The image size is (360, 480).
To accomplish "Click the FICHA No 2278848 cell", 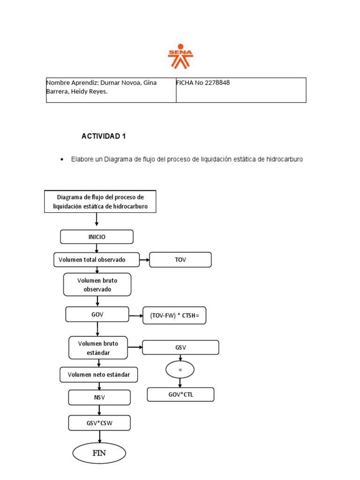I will click(x=241, y=90).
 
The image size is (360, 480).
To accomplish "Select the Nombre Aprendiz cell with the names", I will click(x=111, y=90).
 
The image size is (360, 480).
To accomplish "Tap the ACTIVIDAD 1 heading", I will click(x=104, y=136).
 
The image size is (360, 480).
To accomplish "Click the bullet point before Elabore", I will click(x=62, y=160).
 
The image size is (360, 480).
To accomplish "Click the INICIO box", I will click(x=97, y=237).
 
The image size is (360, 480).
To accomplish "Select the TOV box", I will click(x=180, y=260).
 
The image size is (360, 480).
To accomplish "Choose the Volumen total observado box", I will click(x=96, y=260).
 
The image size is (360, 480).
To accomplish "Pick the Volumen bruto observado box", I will click(x=97, y=285).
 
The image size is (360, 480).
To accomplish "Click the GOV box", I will click(x=97, y=315).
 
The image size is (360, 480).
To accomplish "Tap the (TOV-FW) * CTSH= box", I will click(x=174, y=316).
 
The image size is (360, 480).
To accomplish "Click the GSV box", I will click(x=180, y=347).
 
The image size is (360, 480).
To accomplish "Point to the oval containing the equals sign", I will click(x=180, y=370).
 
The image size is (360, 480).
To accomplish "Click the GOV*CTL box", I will click(x=180, y=395).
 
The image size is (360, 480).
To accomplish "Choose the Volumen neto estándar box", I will click(x=99, y=375).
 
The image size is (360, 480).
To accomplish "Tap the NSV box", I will click(x=99, y=398).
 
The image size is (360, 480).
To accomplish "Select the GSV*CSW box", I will click(x=99, y=423).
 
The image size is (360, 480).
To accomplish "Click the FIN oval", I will click(x=99, y=453).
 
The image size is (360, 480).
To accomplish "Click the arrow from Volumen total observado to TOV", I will click(x=144, y=260).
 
